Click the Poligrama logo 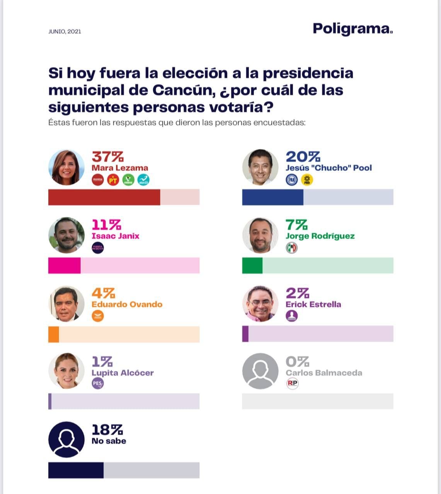click(x=352, y=29)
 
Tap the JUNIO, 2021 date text click(x=65, y=32)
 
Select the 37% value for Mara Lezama click(x=107, y=157)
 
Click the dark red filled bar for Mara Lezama click(x=104, y=197)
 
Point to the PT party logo click(x=113, y=180)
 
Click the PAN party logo click(x=292, y=180)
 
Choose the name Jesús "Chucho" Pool click(x=329, y=168)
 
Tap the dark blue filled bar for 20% click(x=272, y=197)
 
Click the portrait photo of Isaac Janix click(x=66, y=235)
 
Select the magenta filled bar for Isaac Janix click(x=64, y=266)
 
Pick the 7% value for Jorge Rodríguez click(x=296, y=225)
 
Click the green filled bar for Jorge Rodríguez click(x=252, y=266)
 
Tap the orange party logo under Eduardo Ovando click(x=98, y=316)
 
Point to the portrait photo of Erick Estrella click(x=260, y=304)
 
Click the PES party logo click(x=98, y=384)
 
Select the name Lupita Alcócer click(x=123, y=373)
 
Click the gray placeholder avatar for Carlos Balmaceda click(x=260, y=371)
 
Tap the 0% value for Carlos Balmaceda click(x=297, y=362)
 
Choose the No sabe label click(x=109, y=441)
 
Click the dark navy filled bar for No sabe click(x=76, y=470)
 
